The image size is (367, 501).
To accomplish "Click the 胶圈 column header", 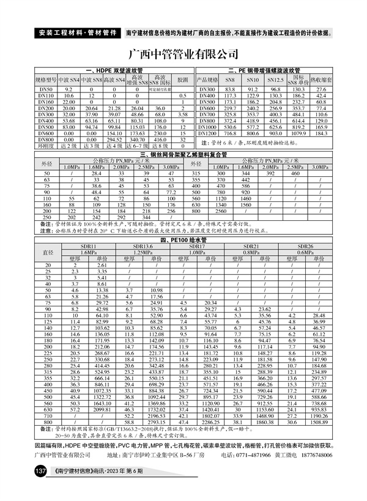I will (182, 80).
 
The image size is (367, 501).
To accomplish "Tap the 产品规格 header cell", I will (207, 80).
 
